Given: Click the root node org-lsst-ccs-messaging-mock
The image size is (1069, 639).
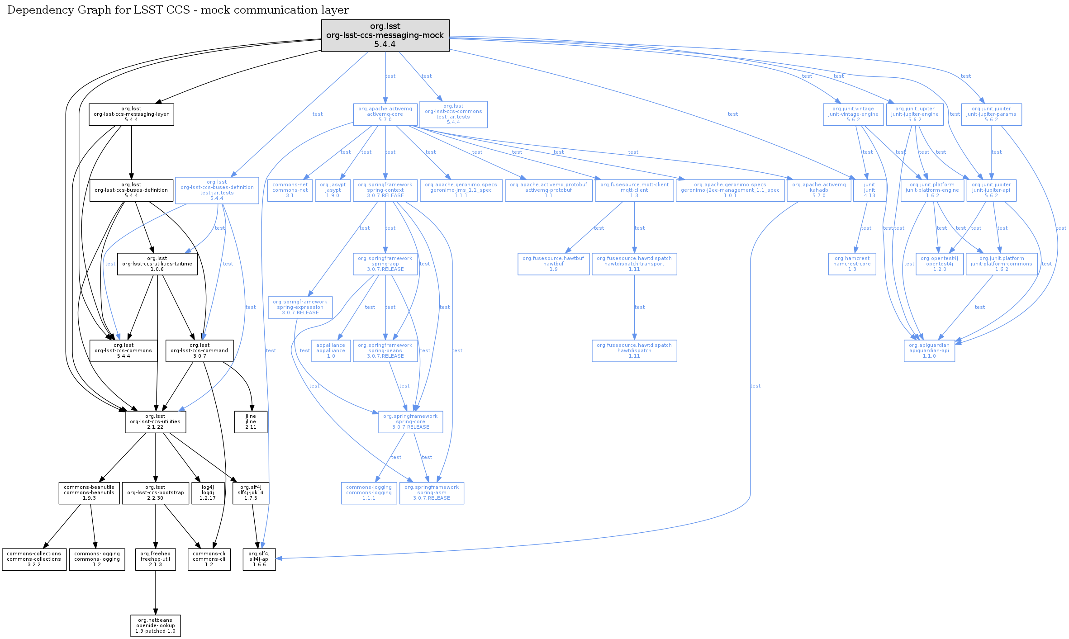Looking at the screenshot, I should [385, 35].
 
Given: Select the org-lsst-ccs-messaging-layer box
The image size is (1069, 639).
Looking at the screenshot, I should [131, 114].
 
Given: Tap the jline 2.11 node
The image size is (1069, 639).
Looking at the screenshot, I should [251, 421].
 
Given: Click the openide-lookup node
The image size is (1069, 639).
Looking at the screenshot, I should [155, 625].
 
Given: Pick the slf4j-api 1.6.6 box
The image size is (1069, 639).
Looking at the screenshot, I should [259, 559].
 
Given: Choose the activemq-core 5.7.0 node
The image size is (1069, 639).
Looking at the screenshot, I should [385, 114].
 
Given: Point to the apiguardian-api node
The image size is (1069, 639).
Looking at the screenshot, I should [929, 350].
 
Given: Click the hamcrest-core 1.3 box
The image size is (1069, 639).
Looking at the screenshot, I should [852, 264].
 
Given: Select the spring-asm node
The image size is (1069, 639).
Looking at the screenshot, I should [432, 492].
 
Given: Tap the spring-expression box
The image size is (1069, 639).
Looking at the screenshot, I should [300, 307].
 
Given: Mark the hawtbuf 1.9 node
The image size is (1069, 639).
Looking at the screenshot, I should [553, 264].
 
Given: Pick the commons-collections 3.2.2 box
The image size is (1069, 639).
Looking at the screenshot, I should [34, 559].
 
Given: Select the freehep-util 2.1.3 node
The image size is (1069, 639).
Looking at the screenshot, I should [155, 559].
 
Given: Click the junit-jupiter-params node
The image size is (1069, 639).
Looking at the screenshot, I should [991, 114].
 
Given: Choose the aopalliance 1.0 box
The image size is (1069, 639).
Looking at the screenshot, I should [331, 350].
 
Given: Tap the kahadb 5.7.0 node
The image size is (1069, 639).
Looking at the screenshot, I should [819, 190].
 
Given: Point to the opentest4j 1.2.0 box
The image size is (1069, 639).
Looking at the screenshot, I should [939, 264].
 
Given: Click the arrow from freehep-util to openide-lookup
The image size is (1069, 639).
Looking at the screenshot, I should [156, 592].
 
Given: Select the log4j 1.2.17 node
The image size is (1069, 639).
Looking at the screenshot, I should [208, 492].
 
